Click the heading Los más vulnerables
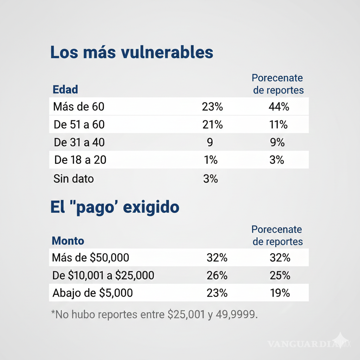tap(132, 52)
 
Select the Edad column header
tap(65, 89)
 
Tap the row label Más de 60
tap(79, 107)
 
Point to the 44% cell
tap(278, 107)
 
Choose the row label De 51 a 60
tap(79, 124)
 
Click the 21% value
tap(212, 124)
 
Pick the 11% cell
tap(278, 124)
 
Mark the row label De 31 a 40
tap(79, 142)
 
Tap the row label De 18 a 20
tap(80, 160)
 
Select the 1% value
tap(211, 160)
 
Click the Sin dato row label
tap(73, 179)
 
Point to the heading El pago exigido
tap(115, 207)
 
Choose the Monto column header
tap(68, 241)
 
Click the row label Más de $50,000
tap(90, 258)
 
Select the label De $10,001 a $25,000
tap(103, 275)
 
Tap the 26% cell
tap(217, 275)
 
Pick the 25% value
tap(280, 275)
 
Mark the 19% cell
tap(280, 293)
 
